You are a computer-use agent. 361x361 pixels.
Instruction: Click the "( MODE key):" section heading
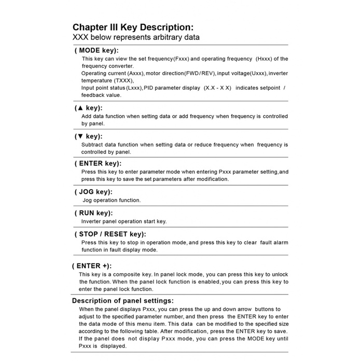(96, 51)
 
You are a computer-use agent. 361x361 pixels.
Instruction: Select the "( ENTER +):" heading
(92, 266)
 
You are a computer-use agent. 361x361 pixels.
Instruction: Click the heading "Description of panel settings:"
(122, 300)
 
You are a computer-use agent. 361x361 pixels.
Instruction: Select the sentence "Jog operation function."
(112, 200)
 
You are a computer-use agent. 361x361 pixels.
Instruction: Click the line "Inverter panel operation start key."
(124, 221)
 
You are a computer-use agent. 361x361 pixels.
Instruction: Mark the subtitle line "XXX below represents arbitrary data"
(135, 38)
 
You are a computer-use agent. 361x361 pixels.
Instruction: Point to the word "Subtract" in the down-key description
(93, 144)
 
